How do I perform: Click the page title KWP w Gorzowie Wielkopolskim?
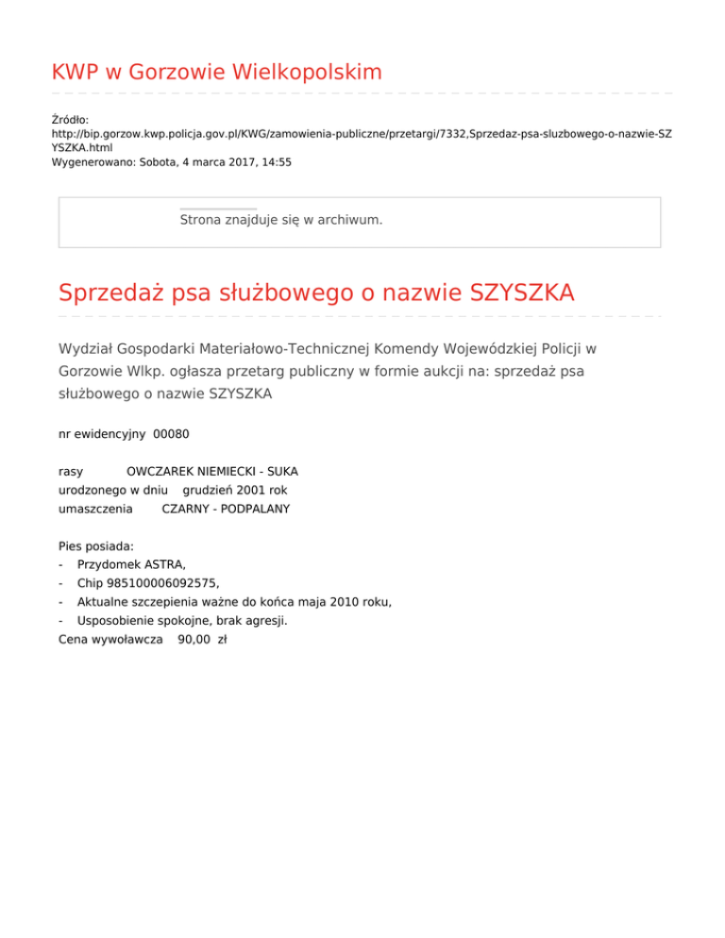point(216,72)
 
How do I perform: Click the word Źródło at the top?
point(69,120)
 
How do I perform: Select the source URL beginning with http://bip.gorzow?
point(362,134)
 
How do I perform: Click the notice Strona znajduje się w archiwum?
point(281,220)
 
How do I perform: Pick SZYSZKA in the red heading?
point(511,293)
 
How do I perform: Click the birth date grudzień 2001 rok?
point(235,490)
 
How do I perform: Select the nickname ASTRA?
point(164,564)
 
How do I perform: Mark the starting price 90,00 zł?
point(202,639)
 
